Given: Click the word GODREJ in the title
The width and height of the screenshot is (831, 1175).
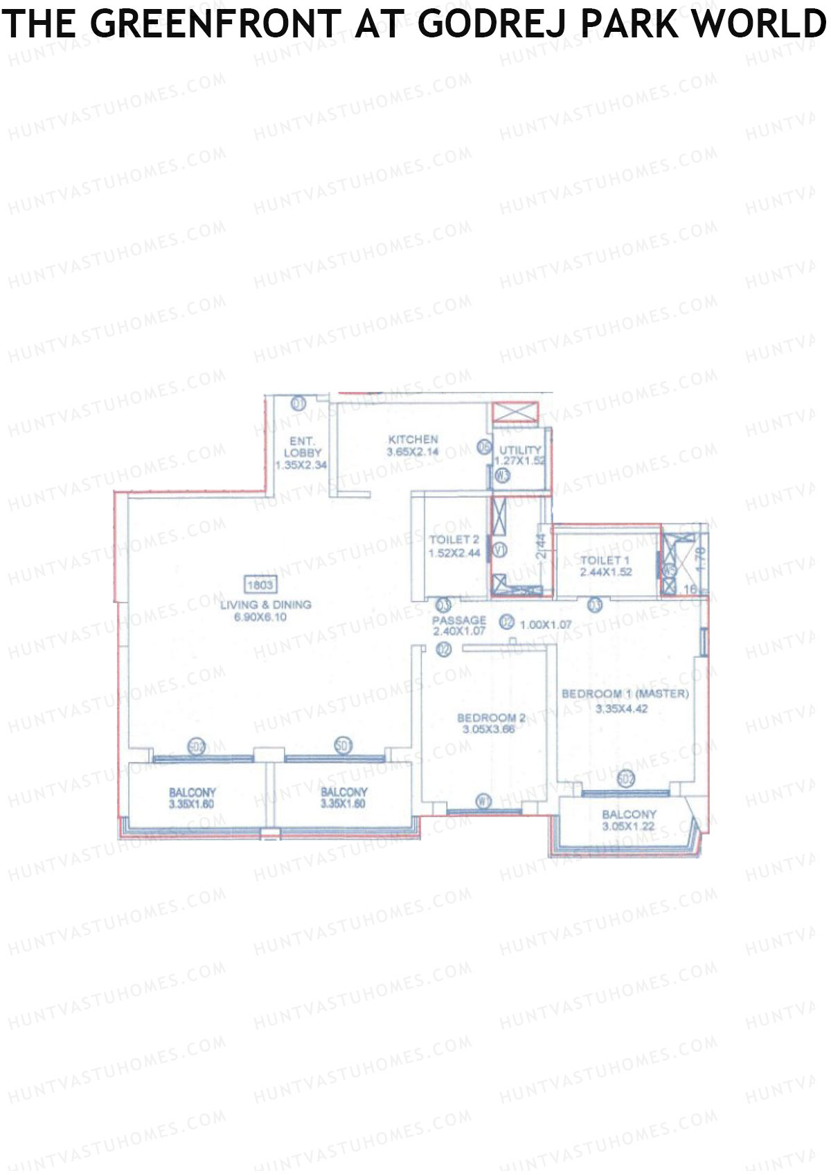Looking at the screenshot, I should tap(494, 24).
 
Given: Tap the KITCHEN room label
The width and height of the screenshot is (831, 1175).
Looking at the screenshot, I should tap(413, 439).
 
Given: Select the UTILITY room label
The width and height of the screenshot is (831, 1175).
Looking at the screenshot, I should tap(520, 450).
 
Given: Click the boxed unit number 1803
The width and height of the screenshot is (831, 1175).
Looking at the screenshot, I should tap(260, 585).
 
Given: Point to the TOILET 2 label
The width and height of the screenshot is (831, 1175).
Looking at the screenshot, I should tap(454, 539).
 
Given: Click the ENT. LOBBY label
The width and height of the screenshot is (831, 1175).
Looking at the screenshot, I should tap(302, 447).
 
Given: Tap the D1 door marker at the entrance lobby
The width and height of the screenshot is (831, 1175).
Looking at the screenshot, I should tap(298, 402).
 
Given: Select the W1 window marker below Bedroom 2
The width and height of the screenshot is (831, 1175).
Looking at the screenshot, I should tap(484, 801).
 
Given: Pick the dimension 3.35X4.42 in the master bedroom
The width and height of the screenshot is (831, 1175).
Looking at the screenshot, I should tap(621, 708).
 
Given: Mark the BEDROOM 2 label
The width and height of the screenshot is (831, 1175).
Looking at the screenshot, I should tap(491, 717).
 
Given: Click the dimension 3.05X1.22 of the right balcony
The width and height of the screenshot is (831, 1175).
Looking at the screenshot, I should tap(628, 827).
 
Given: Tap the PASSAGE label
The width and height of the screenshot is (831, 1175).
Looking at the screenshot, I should tap(458, 620).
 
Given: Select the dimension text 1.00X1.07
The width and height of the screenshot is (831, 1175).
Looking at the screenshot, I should tap(546, 624).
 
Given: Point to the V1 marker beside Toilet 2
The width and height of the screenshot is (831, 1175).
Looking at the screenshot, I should tap(498, 550).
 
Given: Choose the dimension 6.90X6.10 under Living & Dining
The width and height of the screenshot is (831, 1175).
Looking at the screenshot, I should tap(260, 617).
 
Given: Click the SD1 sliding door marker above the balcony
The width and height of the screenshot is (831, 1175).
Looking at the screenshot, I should tap(343, 746).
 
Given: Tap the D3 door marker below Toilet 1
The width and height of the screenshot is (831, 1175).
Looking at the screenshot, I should tap(594, 604).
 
